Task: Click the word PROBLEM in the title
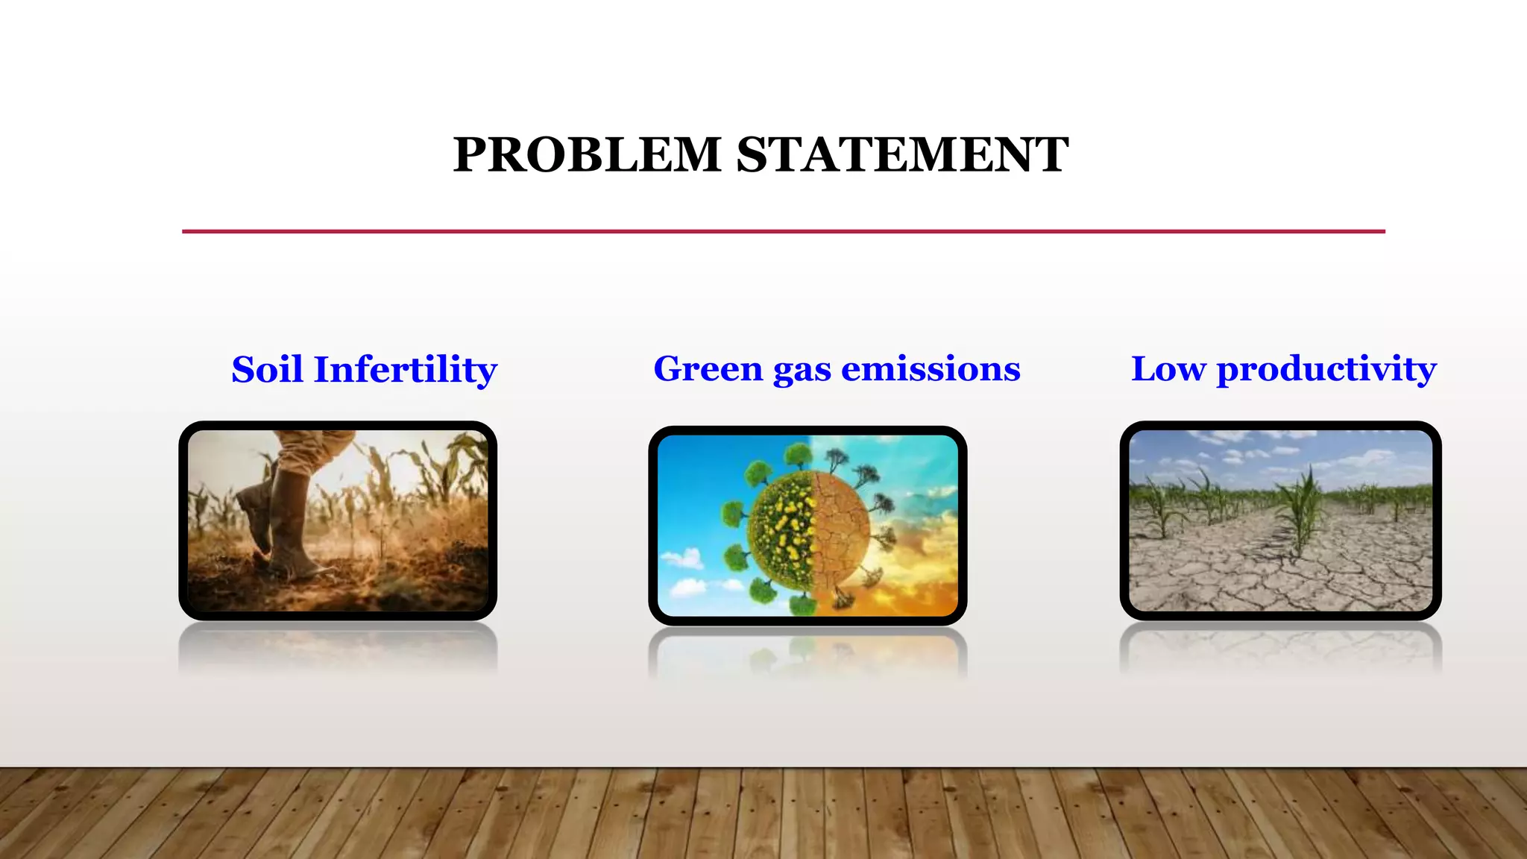coord(587,155)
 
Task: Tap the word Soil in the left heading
coord(266,370)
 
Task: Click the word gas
coord(802,371)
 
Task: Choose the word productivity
coord(1326,371)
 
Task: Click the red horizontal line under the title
coord(783,231)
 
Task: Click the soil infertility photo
coord(338,520)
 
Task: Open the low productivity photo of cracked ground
coord(1280,520)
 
